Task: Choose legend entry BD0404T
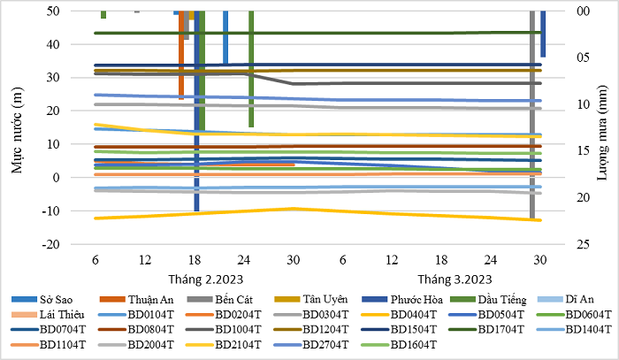pyautogui.click(x=414, y=313)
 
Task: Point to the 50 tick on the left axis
pyautogui.click(x=54, y=11)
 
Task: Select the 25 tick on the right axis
pyautogui.click(x=558, y=244)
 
